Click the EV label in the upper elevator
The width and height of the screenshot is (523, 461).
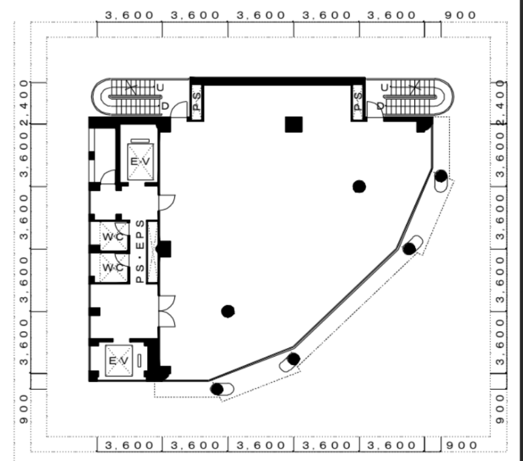tap(140, 162)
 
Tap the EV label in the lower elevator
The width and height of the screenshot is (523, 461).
tap(119, 360)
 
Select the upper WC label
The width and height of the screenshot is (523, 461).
tap(113, 237)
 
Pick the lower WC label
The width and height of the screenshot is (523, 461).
tap(113, 268)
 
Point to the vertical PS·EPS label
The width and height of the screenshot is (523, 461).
tap(141, 251)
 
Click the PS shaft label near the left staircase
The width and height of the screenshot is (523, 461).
tap(197, 101)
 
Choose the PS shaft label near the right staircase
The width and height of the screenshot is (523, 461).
tap(358, 101)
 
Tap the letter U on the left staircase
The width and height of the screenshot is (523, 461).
tap(160, 87)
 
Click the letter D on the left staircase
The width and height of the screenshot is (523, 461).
tap(165, 106)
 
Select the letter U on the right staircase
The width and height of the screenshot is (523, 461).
tap(384, 87)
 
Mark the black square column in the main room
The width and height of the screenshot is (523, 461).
tap(294, 124)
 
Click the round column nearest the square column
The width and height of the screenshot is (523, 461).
tap(359, 187)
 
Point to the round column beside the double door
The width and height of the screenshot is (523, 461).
tap(228, 311)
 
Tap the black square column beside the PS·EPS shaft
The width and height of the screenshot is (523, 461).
tap(164, 249)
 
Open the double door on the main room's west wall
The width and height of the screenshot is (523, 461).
tap(167, 311)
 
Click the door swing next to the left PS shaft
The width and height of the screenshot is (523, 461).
tap(178, 109)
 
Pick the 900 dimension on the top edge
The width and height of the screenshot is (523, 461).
tap(461, 15)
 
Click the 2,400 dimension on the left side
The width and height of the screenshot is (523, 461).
tap(25, 103)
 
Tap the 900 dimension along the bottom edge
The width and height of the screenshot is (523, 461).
tap(462, 445)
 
